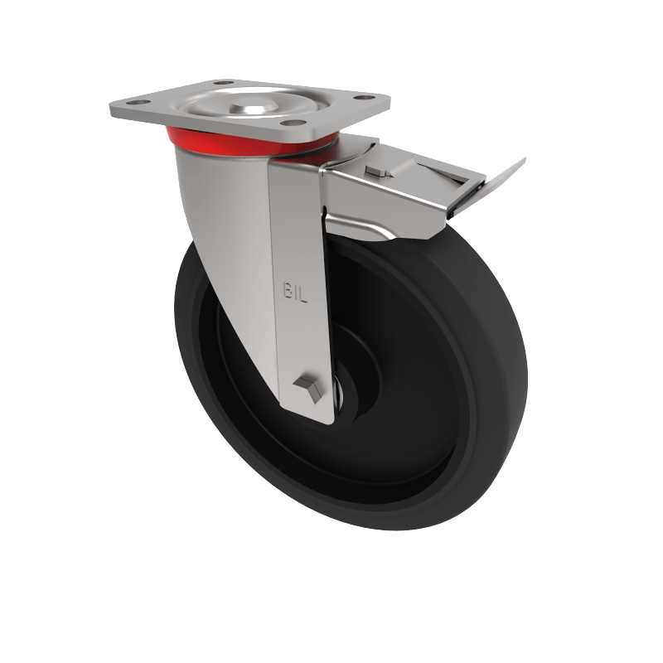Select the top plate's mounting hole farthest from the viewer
[x=223, y=83]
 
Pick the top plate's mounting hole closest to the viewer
[x=289, y=123]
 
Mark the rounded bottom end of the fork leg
[x=311, y=414]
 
